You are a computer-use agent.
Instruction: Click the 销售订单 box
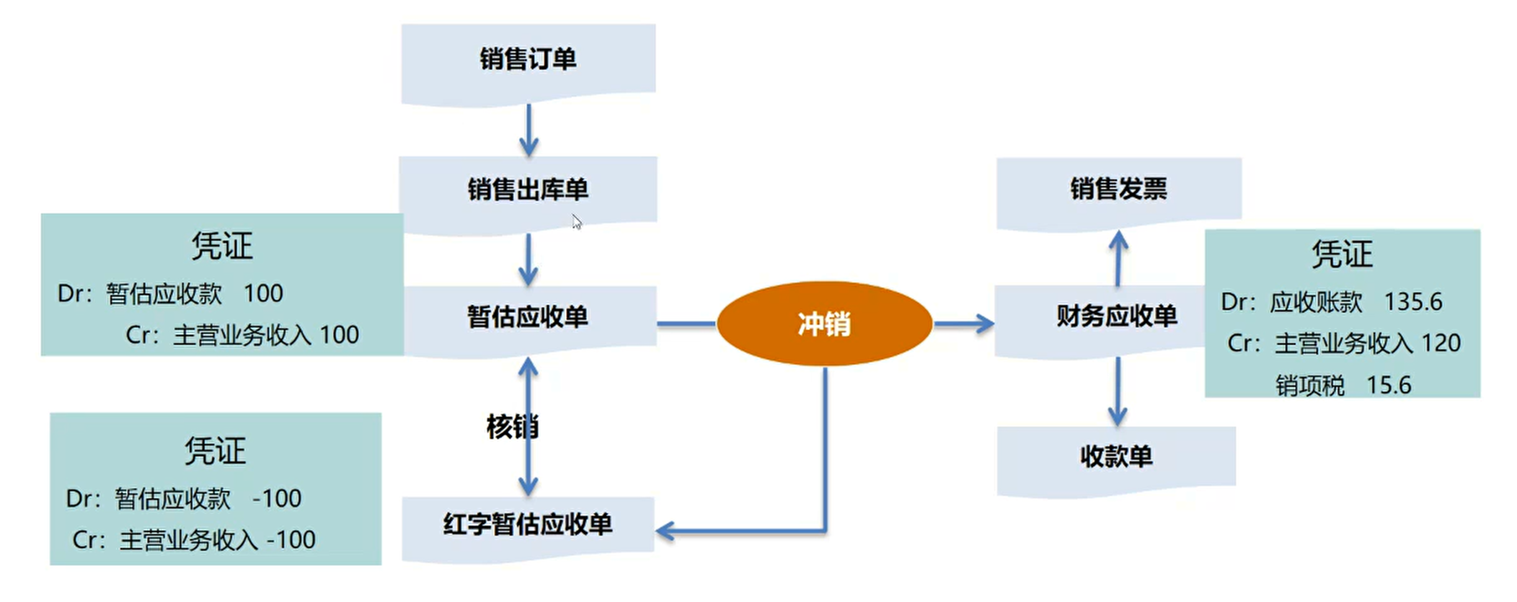[x=528, y=60]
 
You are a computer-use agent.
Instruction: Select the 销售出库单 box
[x=528, y=190]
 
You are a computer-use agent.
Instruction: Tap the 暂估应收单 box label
[x=528, y=317]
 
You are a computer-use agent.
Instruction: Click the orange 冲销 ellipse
[x=824, y=324]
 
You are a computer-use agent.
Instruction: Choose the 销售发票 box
[x=1118, y=189]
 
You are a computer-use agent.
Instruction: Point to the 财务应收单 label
[x=1117, y=316]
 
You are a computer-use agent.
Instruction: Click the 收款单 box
[x=1116, y=457]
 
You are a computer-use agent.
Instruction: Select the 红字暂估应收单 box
[x=528, y=525]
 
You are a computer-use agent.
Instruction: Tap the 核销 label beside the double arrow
[x=512, y=427]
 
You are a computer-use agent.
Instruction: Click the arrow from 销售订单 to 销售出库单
[x=528, y=130]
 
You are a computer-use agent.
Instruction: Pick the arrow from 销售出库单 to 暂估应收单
[x=528, y=259]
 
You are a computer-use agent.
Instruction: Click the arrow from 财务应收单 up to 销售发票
[x=1118, y=257]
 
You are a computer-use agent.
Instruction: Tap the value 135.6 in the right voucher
[x=1413, y=302]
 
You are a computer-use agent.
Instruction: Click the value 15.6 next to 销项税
[x=1389, y=386]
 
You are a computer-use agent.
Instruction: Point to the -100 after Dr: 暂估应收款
[x=276, y=498]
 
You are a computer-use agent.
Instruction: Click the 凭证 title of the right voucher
[x=1342, y=254]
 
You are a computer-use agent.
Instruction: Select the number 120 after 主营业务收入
[x=1441, y=343]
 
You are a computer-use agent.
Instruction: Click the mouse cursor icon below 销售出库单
[x=577, y=222]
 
